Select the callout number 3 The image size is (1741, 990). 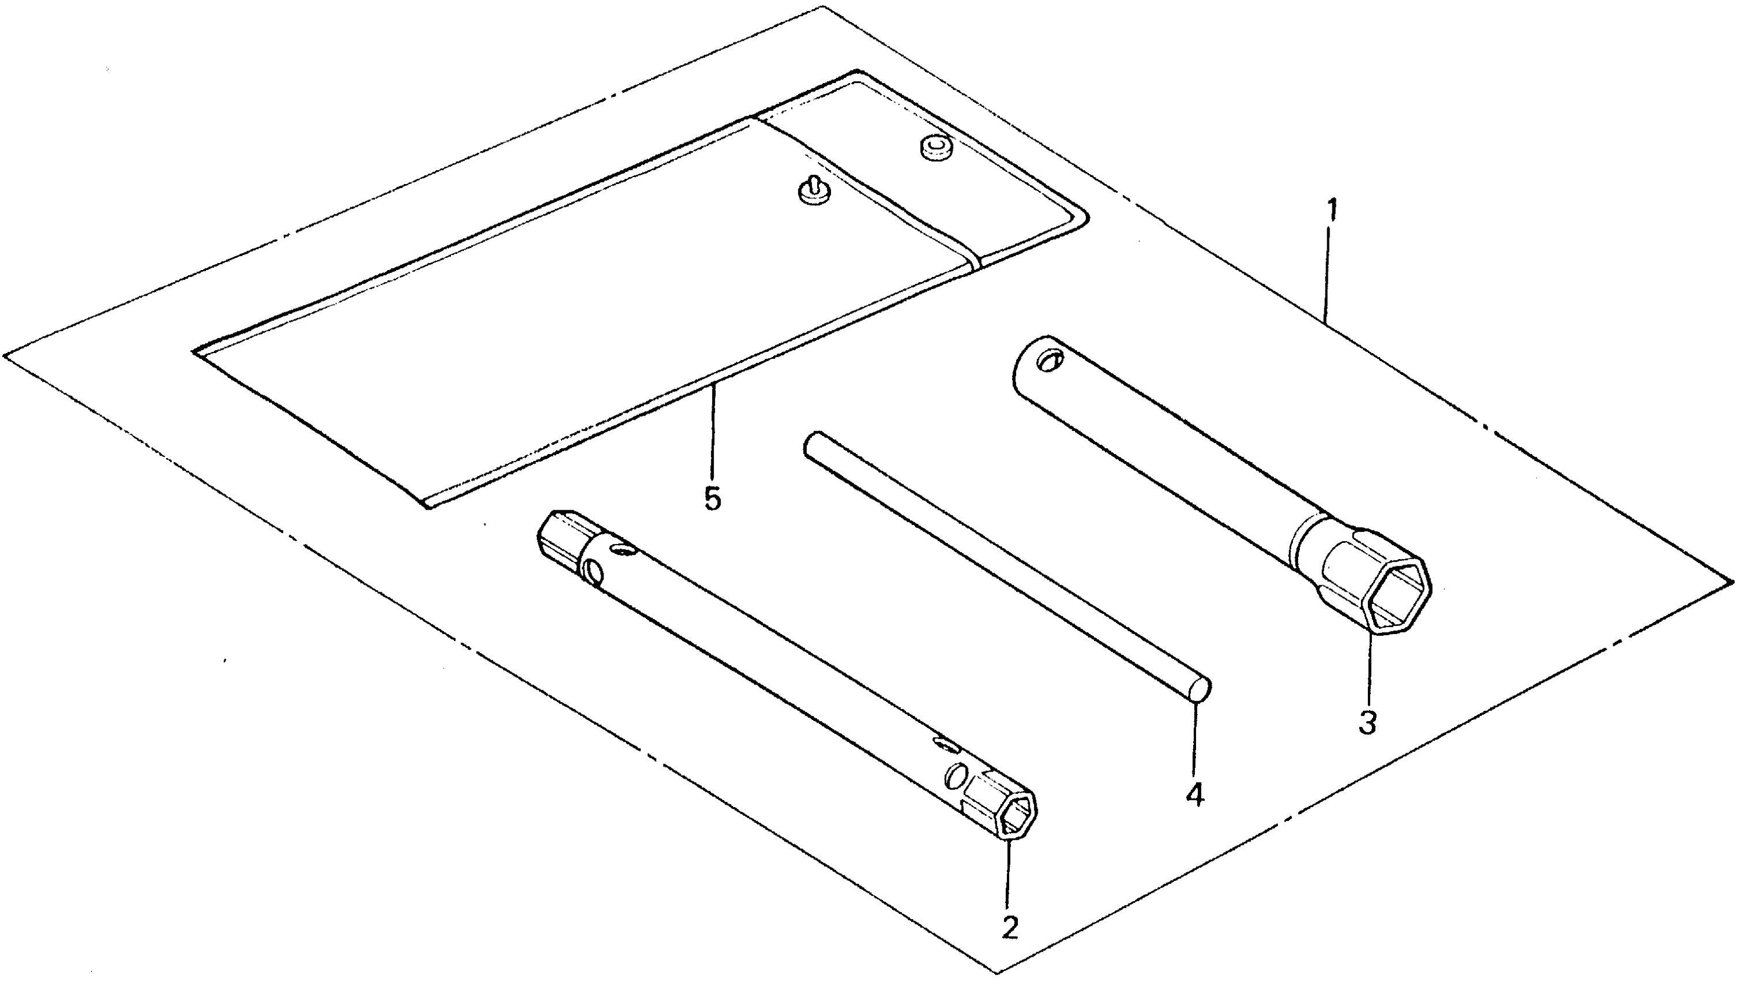1368,723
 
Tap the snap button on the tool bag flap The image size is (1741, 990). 935,147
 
